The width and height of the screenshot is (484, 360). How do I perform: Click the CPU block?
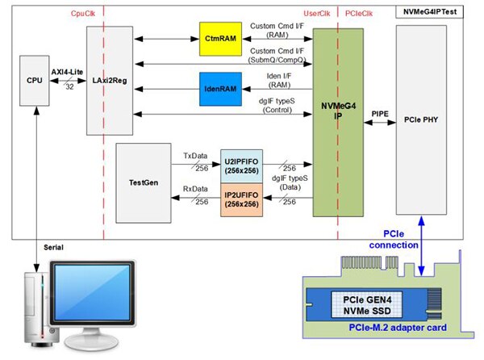pos(35,82)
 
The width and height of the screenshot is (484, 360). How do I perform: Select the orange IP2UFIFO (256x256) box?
pos(240,199)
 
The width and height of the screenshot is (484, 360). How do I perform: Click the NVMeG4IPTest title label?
pos(436,11)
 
